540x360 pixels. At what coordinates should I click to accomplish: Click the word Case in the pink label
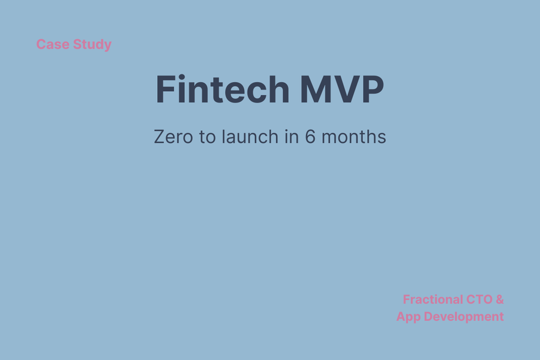(x=52, y=44)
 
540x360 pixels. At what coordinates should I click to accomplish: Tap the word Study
(x=92, y=45)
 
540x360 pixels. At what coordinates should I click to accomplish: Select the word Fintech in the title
(x=223, y=89)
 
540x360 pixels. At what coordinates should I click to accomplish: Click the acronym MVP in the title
(x=342, y=89)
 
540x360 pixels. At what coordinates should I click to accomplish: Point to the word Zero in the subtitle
(x=173, y=137)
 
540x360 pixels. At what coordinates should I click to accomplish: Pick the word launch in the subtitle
(x=250, y=136)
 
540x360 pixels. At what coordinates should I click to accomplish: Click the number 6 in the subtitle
(x=310, y=137)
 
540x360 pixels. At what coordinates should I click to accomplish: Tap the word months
(x=353, y=136)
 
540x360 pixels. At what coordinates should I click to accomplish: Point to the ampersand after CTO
(x=500, y=299)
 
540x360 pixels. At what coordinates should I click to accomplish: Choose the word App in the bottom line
(x=409, y=317)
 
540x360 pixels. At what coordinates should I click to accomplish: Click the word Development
(x=464, y=317)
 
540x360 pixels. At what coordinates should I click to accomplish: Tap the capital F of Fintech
(x=166, y=89)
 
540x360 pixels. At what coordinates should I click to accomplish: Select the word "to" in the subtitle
(x=208, y=137)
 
